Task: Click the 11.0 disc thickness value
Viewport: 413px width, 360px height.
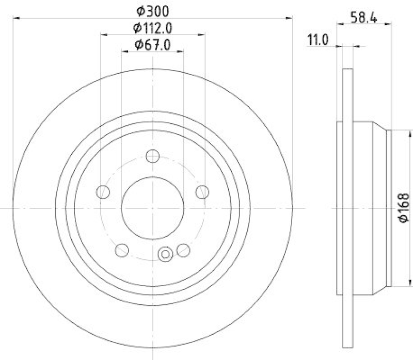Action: (318, 40)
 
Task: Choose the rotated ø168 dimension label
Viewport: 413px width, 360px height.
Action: (403, 208)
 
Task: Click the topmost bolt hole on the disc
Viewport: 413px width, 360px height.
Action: (152, 156)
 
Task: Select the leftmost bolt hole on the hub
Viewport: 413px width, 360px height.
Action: (104, 192)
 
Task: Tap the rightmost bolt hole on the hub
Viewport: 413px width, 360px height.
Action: (202, 192)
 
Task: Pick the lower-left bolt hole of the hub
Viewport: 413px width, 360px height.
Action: (122, 250)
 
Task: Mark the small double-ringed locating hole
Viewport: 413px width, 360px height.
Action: (166, 253)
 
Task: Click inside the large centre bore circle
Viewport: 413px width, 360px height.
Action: (152, 207)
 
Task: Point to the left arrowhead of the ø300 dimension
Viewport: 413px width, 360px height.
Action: (15, 19)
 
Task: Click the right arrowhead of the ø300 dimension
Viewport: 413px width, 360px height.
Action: (291, 19)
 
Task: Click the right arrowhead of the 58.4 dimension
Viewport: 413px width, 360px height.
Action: (390, 24)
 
